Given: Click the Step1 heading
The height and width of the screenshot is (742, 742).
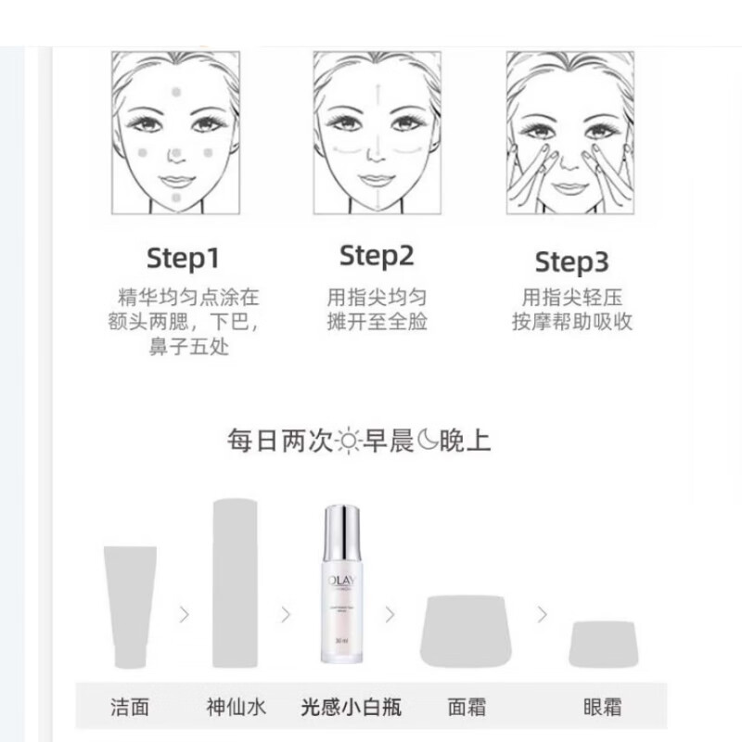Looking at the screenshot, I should [x=184, y=258].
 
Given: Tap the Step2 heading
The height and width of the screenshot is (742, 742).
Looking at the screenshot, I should [x=377, y=255].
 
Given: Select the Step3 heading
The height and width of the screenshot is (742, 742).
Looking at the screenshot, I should [x=571, y=262].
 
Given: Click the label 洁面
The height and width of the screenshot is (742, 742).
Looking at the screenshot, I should [x=131, y=707].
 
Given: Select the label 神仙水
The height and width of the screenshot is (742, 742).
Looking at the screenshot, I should [x=236, y=707].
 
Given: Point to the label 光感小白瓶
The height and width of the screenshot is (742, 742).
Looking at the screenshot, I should [x=352, y=707].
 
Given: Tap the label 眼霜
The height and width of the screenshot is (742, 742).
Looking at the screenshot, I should [x=602, y=707].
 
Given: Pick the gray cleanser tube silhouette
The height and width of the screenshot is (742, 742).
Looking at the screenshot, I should [x=130, y=608].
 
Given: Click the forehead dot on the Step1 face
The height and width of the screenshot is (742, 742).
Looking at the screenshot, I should [x=177, y=94].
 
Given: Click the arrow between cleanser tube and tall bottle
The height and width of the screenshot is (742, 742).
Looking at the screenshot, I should [x=184, y=613].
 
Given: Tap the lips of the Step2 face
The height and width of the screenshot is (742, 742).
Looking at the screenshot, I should [x=377, y=178].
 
